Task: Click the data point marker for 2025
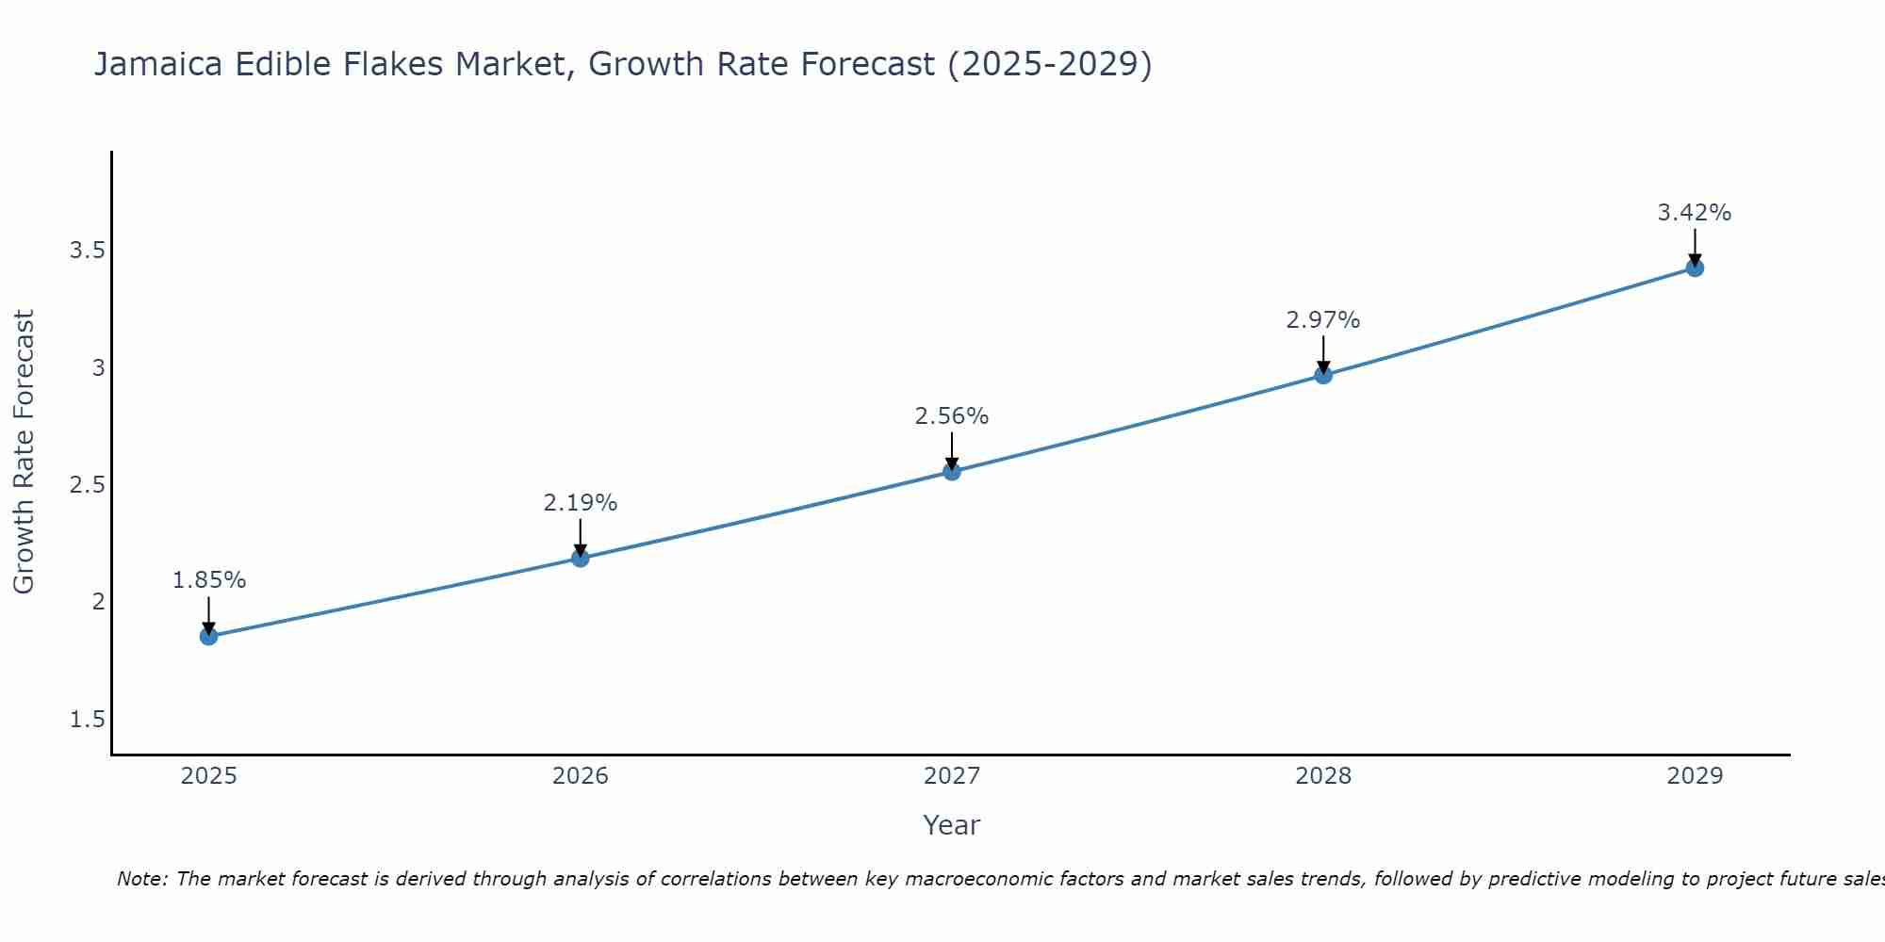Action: tap(209, 637)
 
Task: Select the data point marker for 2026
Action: tap(581, 558)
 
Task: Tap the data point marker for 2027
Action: tap(952, 471)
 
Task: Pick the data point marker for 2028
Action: tap(1323, 375)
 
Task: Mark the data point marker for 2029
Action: tap(1695, 268)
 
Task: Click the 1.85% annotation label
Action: tap(209, 580)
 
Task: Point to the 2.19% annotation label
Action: tap(581, 503)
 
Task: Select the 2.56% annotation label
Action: tap(952, 416)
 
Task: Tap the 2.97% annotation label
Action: tap(1323, 320)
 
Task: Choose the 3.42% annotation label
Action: tap(1695, 213)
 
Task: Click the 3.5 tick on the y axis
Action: tap(87, 251)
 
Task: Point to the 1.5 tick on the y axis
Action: tap(87, 720)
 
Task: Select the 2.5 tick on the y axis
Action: tap(87, 485)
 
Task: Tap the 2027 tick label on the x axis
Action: tap(952, 776)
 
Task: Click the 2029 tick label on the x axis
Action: tap(1695, 776)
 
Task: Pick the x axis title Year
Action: tap(952, 825)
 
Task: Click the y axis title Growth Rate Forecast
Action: tap(24, 452)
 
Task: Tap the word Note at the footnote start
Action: tap(141, 879)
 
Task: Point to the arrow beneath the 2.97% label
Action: tap(1323, 354)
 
